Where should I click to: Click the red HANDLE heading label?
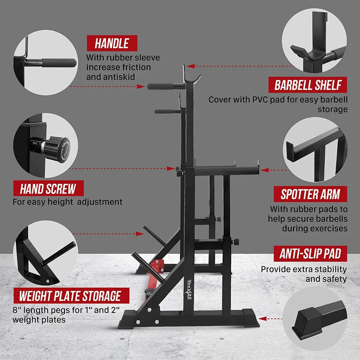pyautogui.click(x=112, y=43)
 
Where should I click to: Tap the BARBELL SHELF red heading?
pyautogui.click(x=308, y=85)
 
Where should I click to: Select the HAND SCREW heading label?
pyautogui.click(x=49, y=189)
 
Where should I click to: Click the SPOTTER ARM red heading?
pyautogui.click(x=310, y=194)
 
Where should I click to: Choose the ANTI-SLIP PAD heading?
pyautogui.click(x=310, y=254)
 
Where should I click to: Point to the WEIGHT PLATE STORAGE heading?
pyautogui.click(x=71, y=296)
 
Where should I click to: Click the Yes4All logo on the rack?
pyautogui.click(x=189, y=289)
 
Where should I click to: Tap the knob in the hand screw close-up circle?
pyautogui.click(x=57, y=149)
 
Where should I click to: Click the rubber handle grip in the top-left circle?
pyautogui.click(x=59, y=62)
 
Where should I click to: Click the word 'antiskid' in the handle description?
pyautogui.click(x=111, y=77)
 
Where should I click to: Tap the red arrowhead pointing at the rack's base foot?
pyautogui.click(x=262, y=319)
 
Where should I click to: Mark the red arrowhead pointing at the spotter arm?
pyautogui.click(x=265, y=170)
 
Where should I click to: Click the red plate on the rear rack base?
pyautogui.click(x=157, y=266)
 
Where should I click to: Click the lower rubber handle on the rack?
pyautogui.click(x=165, y=112)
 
